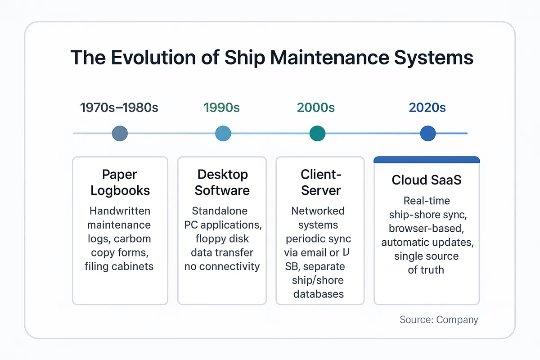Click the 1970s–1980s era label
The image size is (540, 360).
[120, 108]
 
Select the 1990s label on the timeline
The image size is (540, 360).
[222, 108]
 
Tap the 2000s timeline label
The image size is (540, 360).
[316, 108]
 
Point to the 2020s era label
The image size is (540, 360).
[427, 108]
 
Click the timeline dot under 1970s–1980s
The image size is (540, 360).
[120, 133]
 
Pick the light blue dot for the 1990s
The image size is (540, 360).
[223, 133]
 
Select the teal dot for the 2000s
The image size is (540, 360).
[317, 133]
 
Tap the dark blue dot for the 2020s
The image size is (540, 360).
[427, 133]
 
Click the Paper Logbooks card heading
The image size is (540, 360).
[120, 182]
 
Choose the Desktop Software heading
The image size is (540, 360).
[222, 182]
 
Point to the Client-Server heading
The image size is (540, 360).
[320, 182]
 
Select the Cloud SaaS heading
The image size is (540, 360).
[427, 180]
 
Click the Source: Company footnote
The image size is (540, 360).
[439, 320]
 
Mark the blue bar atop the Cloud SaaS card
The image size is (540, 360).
[427, 159]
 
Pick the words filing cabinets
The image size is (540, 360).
[119, 266]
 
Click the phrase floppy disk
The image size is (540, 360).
[222, 238]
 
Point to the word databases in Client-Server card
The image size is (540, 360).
[319, 294]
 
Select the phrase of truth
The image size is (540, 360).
[426, 270]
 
